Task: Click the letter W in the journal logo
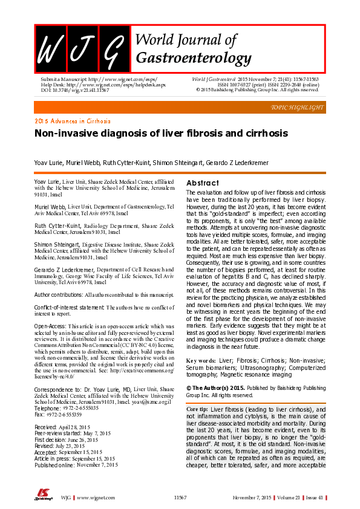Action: (x=50, y=50)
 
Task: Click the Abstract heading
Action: (x=203, y=183)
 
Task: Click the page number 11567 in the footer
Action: (x=180, y=497)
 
